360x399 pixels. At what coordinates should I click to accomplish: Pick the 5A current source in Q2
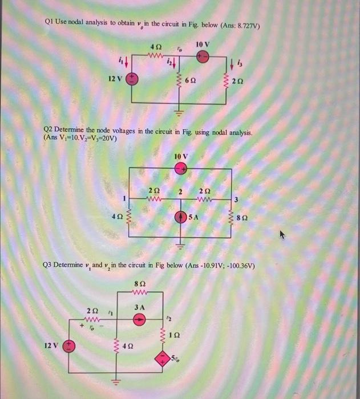tap(181, 217)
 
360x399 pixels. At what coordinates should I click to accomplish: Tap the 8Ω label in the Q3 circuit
tap(140, 283)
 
